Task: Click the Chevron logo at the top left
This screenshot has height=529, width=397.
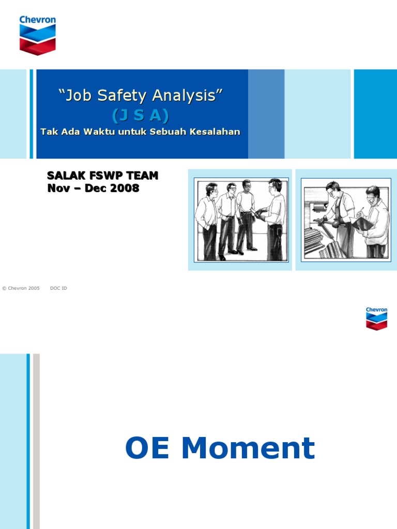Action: [37, 35]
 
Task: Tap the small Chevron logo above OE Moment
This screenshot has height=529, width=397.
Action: [376, 318]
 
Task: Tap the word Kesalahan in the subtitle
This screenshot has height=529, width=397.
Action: [215, 132]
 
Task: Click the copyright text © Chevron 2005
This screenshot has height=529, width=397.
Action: [21, 288]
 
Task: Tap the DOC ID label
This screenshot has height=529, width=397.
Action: [58, 288]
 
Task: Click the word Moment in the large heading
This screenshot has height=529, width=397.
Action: [248, 448]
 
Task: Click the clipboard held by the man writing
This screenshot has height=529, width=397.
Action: [363, 223]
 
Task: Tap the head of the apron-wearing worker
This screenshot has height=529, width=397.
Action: [333, 188]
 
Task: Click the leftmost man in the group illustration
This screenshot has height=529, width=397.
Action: [208, 220]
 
